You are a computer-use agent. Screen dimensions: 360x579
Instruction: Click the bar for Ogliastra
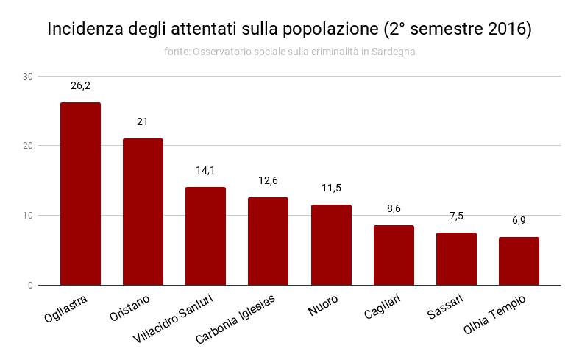point(80,194)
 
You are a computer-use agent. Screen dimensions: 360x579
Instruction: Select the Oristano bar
point(143,212)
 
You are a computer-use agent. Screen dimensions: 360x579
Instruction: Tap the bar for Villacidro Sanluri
point(205,236)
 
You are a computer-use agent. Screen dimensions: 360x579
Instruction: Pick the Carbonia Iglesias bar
point(268,241)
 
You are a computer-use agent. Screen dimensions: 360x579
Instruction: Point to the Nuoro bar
point(331,244)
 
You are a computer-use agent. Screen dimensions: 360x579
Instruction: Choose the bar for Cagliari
point(394,255)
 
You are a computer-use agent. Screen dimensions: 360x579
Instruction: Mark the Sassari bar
point(456,258)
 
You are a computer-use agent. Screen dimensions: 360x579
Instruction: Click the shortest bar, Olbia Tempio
point(519,261)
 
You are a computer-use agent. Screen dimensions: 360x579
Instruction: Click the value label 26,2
point(80,86)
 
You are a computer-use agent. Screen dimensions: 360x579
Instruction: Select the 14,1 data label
point(205,171)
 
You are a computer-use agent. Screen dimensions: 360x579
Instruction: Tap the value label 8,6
point(394,209)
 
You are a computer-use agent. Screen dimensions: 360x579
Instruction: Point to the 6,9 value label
point(519,221)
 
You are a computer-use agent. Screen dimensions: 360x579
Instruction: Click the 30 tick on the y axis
point(28,77)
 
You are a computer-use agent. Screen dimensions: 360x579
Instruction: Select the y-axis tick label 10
point(28,216)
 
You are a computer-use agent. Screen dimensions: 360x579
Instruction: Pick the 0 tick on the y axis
point(30,286)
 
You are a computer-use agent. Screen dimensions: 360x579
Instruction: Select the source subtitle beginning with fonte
point(289,52)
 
